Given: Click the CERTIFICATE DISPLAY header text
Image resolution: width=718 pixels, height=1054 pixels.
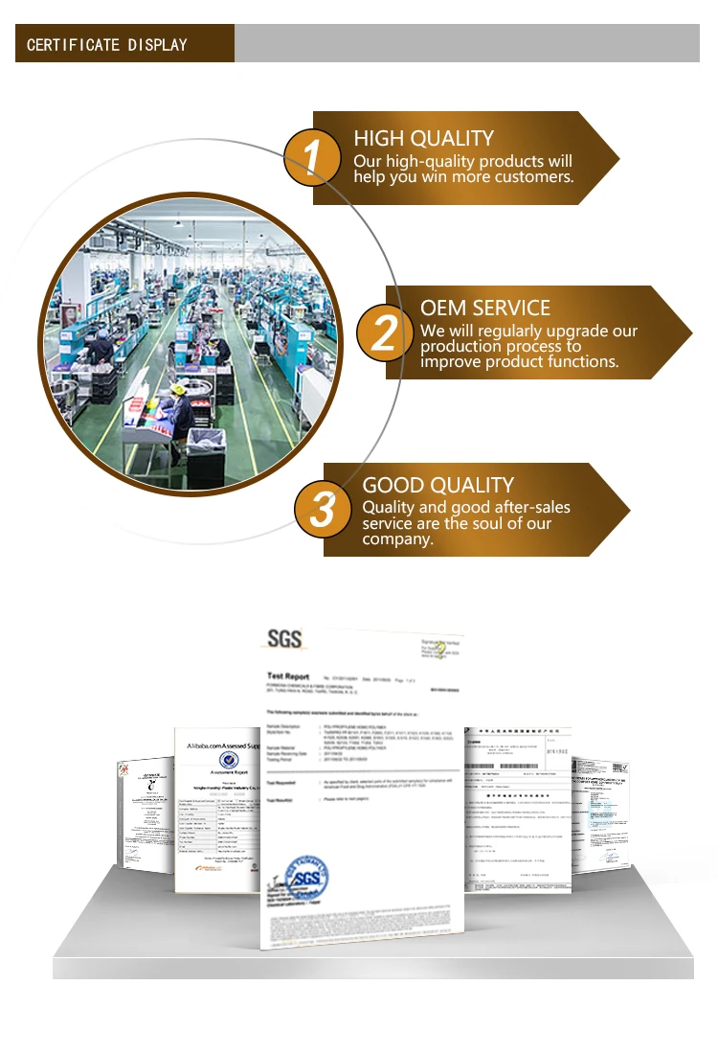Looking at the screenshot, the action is pos(106,45).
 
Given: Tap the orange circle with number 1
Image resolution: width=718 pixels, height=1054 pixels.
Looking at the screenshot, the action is pos(310,158).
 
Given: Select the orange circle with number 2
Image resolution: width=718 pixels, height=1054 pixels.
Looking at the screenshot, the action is pos(383,332).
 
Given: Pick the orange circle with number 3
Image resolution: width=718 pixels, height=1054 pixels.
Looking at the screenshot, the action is pos(322,510).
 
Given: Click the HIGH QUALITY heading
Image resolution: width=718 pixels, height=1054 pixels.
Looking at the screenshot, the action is pos(423,138).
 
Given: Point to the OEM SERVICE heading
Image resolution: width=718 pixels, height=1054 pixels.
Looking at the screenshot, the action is pos(485,309).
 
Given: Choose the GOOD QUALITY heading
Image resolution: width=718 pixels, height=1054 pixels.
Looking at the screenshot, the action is pos(438,485).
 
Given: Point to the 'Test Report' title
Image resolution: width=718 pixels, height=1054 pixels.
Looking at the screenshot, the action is pos(288,676).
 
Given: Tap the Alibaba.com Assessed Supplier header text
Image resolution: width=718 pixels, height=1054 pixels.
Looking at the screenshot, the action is pos(223,745).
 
